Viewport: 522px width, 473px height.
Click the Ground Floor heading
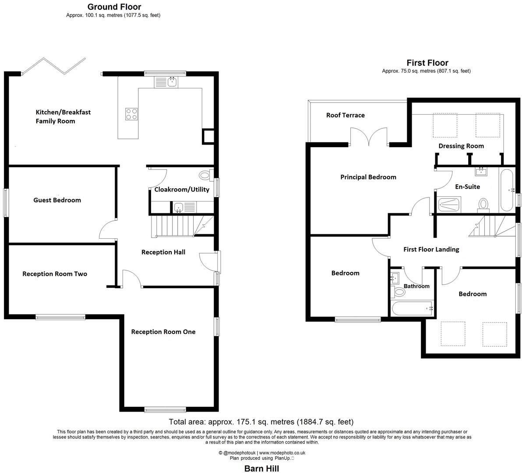click(x=114, y=7)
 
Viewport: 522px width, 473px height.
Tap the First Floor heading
click(x=427, y=63)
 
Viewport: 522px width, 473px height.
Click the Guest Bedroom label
click(x=57, y=200)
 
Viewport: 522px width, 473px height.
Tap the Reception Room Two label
click(x=55, y=274)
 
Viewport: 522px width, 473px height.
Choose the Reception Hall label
click(x=163, y=252)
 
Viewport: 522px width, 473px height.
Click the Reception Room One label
click(x=163, y=332)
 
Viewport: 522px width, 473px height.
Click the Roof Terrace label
click(x=345, y=115)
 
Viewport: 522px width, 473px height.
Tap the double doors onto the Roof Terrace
click(x=369, y=137)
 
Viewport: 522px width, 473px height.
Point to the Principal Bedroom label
click(x=368, y=177)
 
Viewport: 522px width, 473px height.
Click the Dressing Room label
click(x=461, y=146)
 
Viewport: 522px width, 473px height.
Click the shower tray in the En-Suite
click(x=448, y=205)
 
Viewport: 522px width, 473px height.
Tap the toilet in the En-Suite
click(x=483, y=204)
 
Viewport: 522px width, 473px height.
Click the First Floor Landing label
click(x=431, y=249)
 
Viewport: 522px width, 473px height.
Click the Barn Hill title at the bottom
click(x=261, y=468)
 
